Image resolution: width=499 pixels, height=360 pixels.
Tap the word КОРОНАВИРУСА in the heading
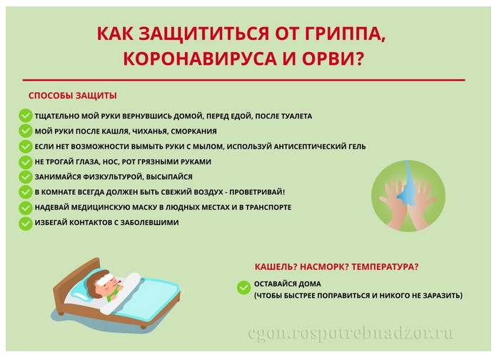pos(200,59)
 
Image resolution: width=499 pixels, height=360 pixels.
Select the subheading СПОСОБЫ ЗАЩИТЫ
pos(73,96)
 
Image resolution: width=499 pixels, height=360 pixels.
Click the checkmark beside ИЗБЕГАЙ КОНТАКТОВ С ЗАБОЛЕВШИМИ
pos(26,223)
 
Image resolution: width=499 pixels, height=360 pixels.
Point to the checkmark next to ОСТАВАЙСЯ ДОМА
pos(243,288)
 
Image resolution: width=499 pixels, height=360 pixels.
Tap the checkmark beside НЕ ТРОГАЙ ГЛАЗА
pos(26,162)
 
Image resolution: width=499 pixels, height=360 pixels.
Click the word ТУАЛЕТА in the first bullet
pos(296,116)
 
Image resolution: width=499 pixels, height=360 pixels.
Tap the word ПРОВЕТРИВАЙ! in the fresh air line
pos(257,192)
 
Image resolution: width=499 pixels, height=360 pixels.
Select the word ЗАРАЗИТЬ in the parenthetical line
pos(443,296)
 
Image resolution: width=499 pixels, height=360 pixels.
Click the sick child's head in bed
pos(103,282)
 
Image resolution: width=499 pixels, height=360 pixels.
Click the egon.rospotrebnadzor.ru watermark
pos(351,334)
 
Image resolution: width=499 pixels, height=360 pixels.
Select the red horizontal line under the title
pos(243,80)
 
